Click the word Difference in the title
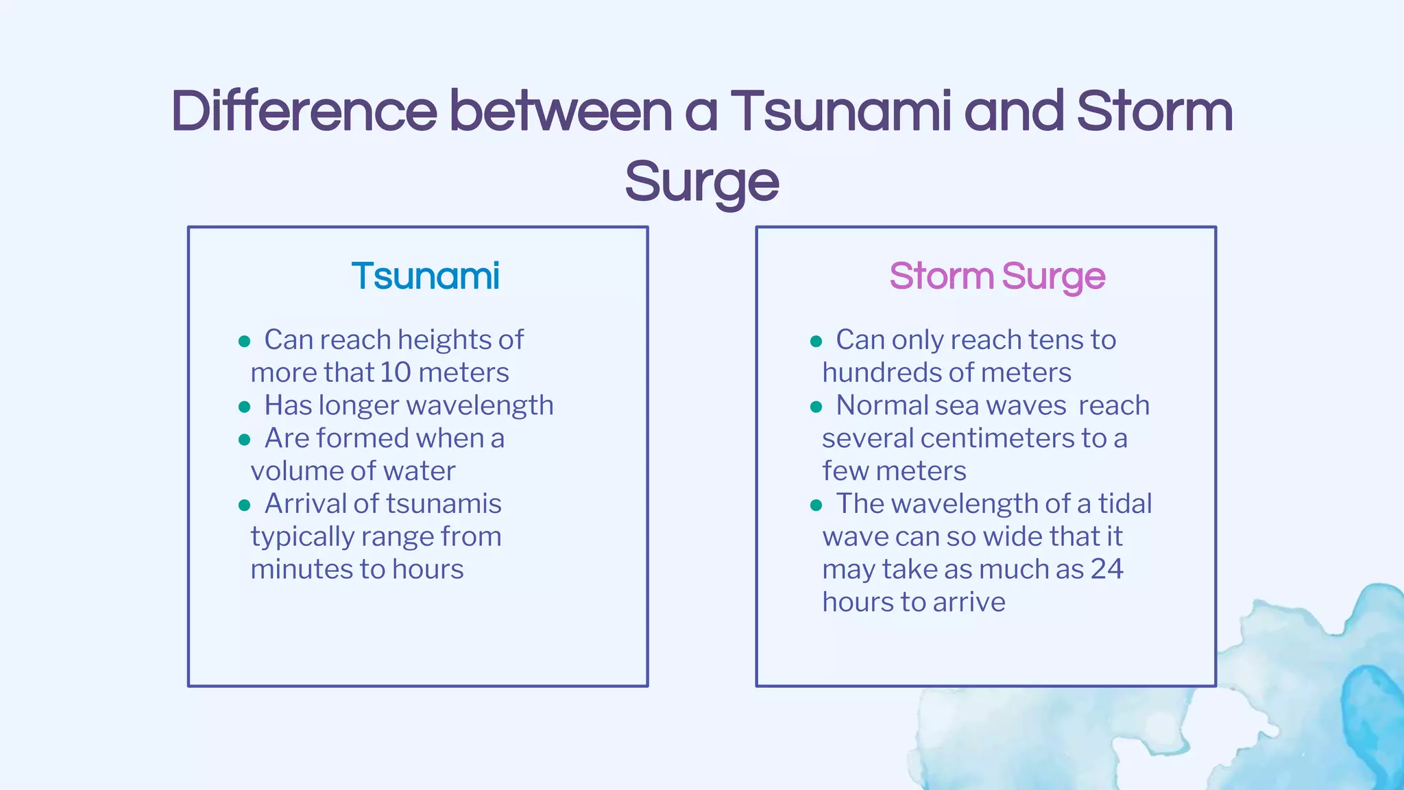point(304,111)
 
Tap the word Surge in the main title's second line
point(701,182)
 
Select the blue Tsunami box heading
point(425,276)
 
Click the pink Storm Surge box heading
point(997,276)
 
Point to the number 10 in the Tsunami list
point(396,372)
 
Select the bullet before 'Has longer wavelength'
point(244,407)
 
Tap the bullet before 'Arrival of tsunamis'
point(244,505)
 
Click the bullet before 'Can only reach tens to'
point(816,342)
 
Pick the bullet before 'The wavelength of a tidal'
point(816,505)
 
